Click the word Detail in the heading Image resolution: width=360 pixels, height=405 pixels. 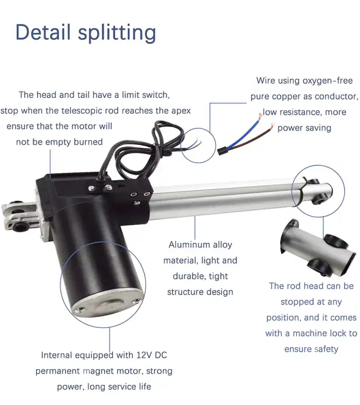(43, 31)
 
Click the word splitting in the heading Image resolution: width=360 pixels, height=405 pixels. (117, 33)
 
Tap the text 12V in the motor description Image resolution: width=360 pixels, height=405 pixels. (145, 355)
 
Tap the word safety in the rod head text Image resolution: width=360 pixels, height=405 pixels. (325, 349)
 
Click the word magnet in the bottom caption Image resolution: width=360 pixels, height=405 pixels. (98, 371)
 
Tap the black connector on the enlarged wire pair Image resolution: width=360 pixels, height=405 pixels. (223, 151)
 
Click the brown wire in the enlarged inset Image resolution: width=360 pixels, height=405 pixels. (252, 138)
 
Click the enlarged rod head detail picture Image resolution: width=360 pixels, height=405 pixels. (318, 247)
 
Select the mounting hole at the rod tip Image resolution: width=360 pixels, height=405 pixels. (319, 200)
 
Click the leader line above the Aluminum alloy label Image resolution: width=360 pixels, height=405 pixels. (195, 228)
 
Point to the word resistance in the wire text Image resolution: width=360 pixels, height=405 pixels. (300, 112)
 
